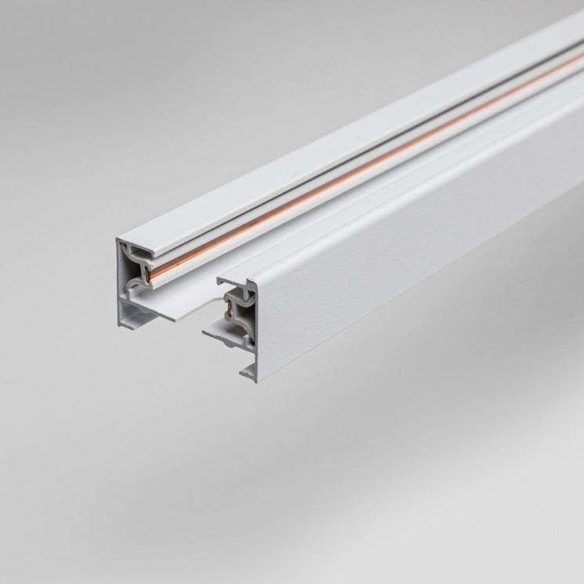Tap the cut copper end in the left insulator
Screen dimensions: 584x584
click(147, 274)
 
